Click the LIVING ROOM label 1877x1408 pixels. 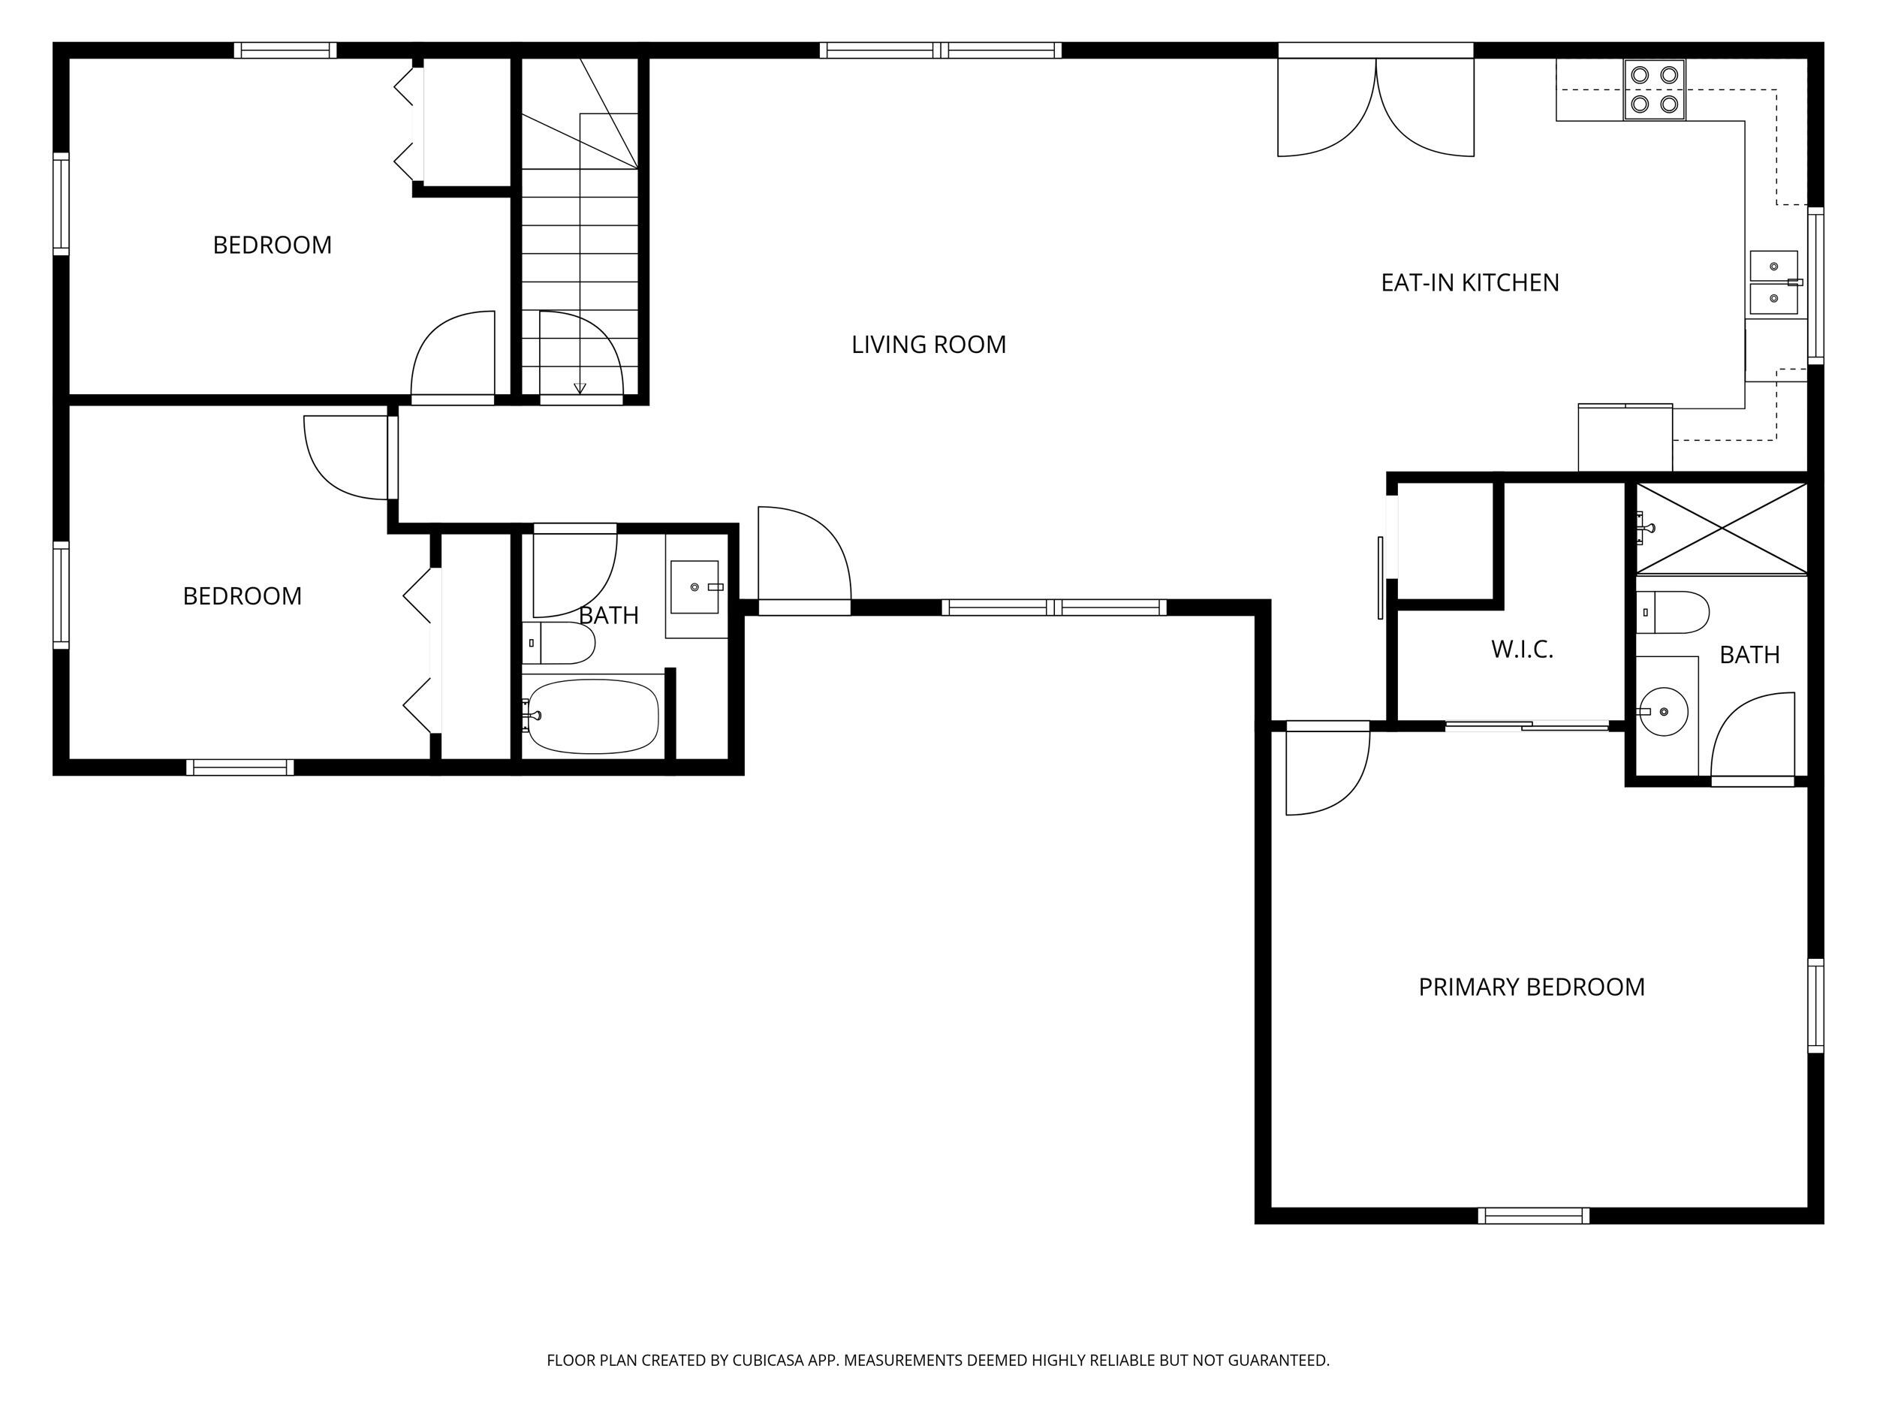click(x=928, y=345)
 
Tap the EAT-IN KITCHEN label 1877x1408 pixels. click(x=1470, y=282)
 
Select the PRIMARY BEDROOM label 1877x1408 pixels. click(x=1532, y=987)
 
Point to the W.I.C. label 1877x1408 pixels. click(x=1523, y=650)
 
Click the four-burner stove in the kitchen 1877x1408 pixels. click(x=1655, y=89)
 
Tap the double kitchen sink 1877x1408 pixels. click(x=1774, y=282)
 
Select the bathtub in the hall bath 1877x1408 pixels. click(x=592, y=716)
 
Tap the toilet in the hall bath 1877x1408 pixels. click(x=559, y=644)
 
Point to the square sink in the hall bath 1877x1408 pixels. click(x=695, y=586)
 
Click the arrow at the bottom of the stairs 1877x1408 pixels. click(x=580, y=388)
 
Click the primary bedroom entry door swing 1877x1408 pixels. click(x=1328, y=769)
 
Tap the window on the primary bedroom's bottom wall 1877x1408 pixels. click(x=1533, y=1215)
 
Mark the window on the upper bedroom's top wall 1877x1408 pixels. click(x=285, y=50)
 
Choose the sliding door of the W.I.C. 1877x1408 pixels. click(x=1527, y=725)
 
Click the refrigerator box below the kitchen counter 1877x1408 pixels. click(x=1625, y=438)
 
